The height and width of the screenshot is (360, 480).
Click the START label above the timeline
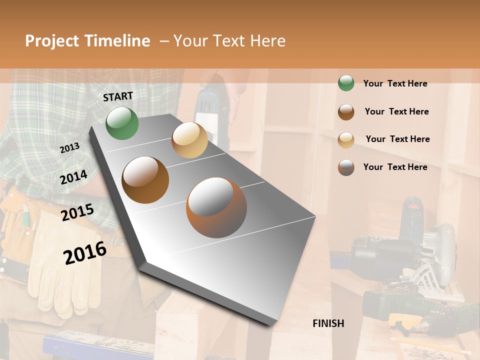coord(118,96)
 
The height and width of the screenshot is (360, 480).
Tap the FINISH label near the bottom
coord(328,323)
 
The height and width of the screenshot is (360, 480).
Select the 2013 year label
coord(69,148)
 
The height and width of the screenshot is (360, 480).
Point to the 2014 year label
coord(73,177)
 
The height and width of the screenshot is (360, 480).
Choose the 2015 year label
coord(77,212)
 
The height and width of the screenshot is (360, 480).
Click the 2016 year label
coord(85,252)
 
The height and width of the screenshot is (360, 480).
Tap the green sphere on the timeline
coord(122,123)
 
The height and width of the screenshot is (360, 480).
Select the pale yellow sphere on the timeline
coord(189,140)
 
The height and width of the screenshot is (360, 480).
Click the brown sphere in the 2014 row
coord(145,180)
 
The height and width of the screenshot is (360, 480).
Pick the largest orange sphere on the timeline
coord(216,207)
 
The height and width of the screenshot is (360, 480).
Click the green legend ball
coord(346,83)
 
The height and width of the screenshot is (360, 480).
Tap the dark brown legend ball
coord(346,111)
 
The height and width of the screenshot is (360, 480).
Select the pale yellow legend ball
coord(346,139)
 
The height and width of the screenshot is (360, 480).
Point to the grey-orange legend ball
coord(346,167)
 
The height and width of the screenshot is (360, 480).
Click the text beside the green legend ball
coord(395,83)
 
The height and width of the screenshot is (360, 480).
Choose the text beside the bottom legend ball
coord(395,167)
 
